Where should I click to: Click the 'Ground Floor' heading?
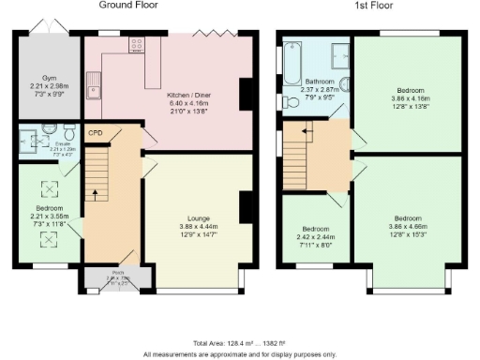[127, 6]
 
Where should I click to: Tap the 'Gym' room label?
[49, 78]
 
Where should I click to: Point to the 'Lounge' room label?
[197, 217]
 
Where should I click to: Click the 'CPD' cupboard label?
[95, 133]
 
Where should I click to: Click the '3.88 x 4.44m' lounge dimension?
[197, 226]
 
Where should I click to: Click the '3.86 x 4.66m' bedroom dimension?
[407, 225]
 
